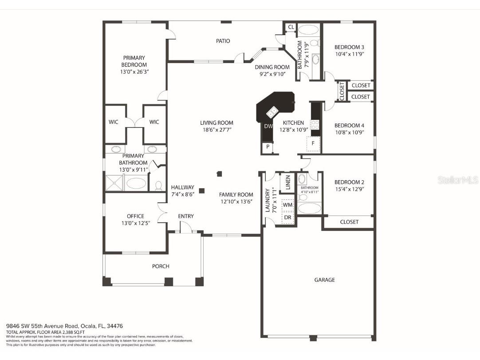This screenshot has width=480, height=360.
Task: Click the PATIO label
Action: [x=223, y=41]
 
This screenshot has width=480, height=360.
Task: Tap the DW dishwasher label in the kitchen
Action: [x=268, y=126]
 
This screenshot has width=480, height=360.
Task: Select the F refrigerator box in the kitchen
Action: [x=313, y=144]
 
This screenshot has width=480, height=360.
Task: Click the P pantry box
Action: [x=268, y=146]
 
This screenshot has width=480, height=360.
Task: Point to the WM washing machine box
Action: [x=287, y=205]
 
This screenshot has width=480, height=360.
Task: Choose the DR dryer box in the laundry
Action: [x=287, y=218]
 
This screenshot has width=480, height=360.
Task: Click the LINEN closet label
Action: [x=288, y=182]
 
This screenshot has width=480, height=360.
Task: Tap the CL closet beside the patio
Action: [x=291, y=27]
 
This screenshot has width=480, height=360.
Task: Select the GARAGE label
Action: [x=324, y=280]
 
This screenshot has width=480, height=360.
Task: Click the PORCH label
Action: [x=161, y=266]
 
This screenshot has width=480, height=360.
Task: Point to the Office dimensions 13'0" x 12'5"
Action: [x=135, y=223]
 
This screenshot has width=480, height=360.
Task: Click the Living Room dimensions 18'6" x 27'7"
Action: [x=216, y=130]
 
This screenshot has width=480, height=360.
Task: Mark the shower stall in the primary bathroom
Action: [x=114, y=183]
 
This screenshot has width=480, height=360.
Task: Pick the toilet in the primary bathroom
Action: [x=158, y=185]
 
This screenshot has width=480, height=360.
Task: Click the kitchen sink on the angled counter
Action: [x=272, y=111]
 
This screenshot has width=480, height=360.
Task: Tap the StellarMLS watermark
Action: [x=457, y=180]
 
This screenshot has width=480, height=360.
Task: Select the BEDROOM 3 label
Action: [x=349, y=47]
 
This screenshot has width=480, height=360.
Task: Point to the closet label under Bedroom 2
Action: [x=349, y=222]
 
